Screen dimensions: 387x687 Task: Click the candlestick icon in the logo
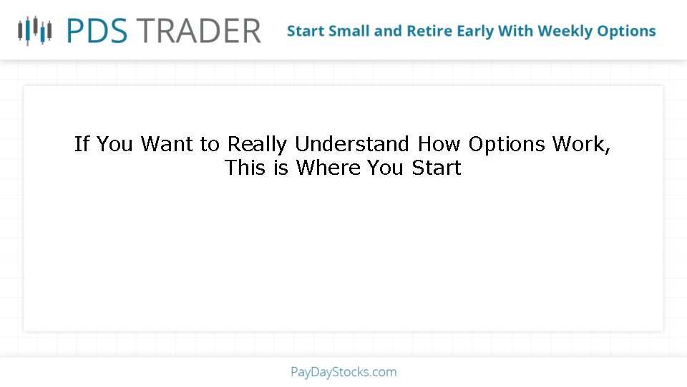pos(35,30)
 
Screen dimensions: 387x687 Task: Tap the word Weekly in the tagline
pos(568,32)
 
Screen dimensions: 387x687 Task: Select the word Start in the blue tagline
pos(306,32)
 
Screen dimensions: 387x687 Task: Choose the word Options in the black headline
pos(507,145)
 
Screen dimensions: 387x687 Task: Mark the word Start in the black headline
pos(437,168)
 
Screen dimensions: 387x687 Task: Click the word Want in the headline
pos(166,144)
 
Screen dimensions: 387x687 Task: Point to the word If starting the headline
pos(82,144)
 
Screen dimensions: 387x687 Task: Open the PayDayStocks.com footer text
pos(343,372)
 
